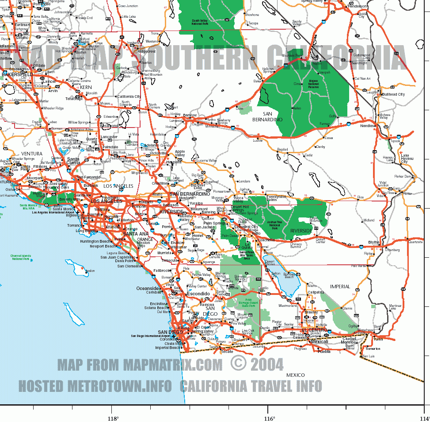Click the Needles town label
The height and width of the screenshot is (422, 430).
(x=367, y=126)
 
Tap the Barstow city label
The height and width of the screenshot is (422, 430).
(x=190, y=115)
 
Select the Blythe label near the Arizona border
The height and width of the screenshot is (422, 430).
(x=374, y=242)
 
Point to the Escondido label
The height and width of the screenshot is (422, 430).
(x=198, y=294)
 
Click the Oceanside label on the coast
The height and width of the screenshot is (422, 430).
(x=147, y=288)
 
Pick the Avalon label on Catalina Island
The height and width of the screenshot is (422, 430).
(x=90, y=271)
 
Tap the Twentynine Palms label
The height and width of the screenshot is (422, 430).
(x=276, y=198)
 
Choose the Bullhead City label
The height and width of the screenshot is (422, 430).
(x=393, y=94)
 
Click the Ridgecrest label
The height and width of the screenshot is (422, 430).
(x=147, y=51)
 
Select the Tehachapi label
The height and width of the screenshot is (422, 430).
(x=74, y=99)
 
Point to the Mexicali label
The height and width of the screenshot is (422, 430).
(x=320, y=341)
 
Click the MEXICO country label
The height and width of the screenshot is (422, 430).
(x=295, y=375)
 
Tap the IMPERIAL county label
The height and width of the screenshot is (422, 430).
(x=340, y=286)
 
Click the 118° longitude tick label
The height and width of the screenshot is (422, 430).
(x=113, y=418)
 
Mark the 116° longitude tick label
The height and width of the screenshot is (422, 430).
(x=269, y=418)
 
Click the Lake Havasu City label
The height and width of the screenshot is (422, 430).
(x=404, y=159)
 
